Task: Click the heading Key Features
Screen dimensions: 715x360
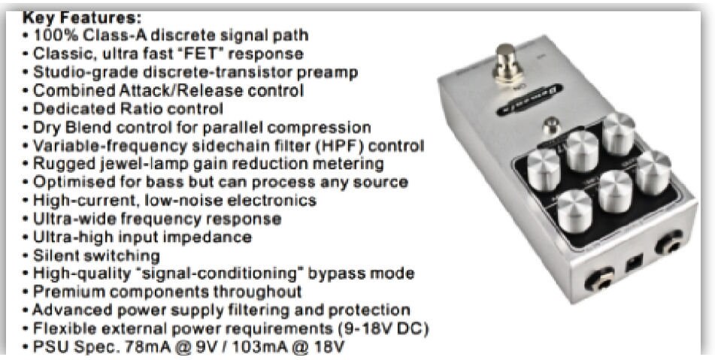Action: (82, 18)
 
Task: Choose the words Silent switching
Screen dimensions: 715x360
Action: (96, 256)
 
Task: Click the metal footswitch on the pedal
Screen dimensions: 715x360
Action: (507, 63)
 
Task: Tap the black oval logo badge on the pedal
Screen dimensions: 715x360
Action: (529, 100)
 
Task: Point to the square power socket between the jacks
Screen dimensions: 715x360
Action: (635, 263)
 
